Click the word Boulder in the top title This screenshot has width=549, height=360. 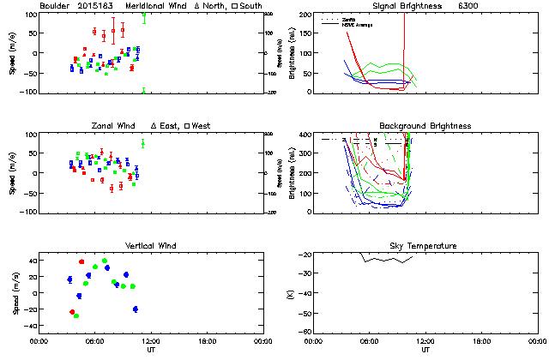[x=54, y=6]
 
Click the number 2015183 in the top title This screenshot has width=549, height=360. [x=97, y=6]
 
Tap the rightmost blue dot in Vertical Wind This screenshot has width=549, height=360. [x=136, y=309]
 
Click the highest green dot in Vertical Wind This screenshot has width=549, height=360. [x=105, y=261]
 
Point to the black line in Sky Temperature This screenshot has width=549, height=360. [x=386, y=259]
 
